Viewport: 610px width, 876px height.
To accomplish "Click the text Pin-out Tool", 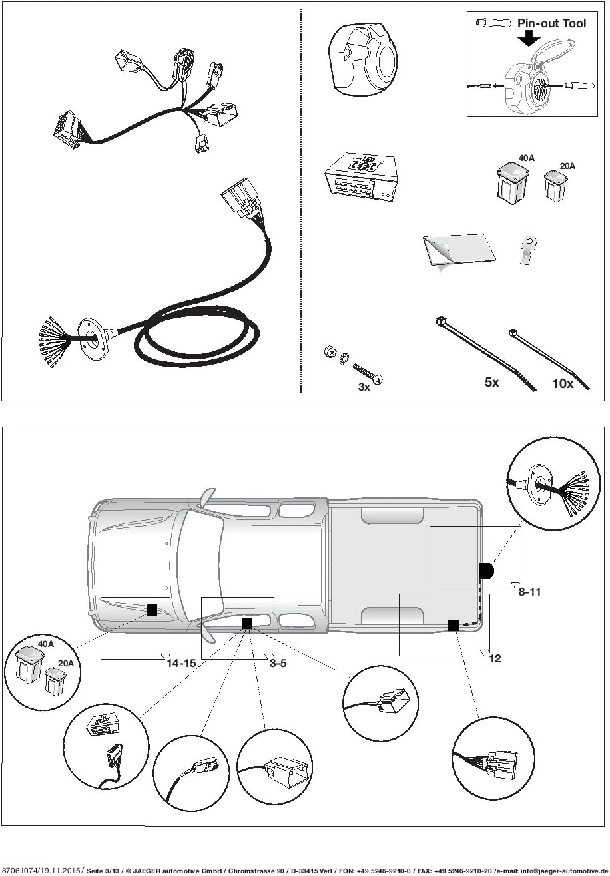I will click(551, 23).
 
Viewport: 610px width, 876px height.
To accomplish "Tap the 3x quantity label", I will click(364, 387).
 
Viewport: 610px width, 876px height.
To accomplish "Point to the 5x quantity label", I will click(491, 383).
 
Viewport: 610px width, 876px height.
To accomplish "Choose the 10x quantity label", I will click(562, 383).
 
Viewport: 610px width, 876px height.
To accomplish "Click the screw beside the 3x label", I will click(368, 373).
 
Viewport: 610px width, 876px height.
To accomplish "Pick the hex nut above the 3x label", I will click(329, 353).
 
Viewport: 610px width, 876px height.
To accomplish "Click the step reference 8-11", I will click(529, 592).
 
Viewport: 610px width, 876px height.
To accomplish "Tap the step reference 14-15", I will click(180, 663).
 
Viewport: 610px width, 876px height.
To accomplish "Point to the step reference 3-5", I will click(278, 663).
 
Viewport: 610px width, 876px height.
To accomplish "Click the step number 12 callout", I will click(495, 658).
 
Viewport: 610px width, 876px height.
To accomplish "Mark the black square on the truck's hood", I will click(152, 610).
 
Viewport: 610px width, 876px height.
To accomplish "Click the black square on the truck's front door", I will click(246, 623).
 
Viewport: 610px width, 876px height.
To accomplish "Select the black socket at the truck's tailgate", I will click(487, 571).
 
